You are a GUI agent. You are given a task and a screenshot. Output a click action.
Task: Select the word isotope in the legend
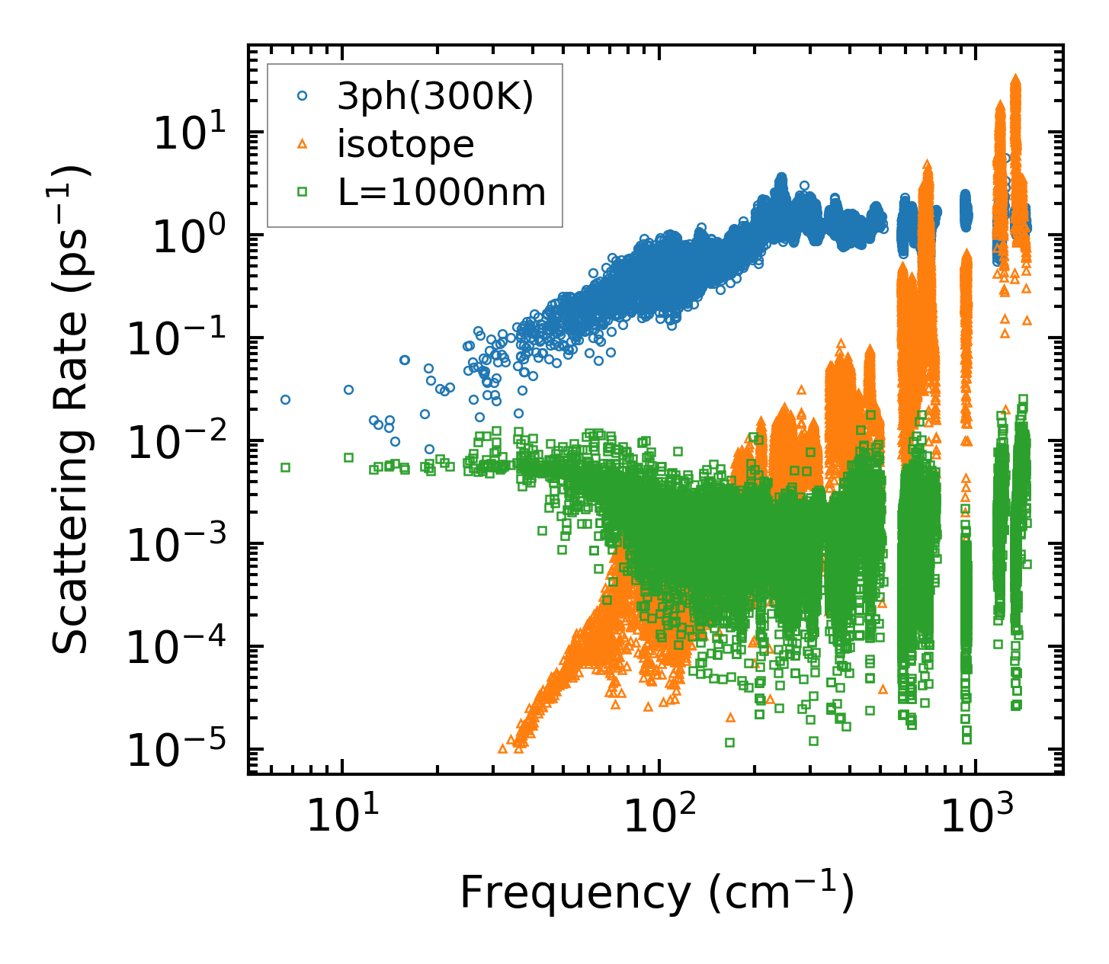coord(405,144)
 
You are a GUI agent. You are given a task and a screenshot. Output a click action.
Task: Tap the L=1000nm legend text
coord(442,193)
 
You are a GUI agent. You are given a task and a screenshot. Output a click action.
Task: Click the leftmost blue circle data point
coord(285,399)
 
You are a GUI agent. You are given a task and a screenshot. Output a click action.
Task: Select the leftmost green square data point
coord(285,467)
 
